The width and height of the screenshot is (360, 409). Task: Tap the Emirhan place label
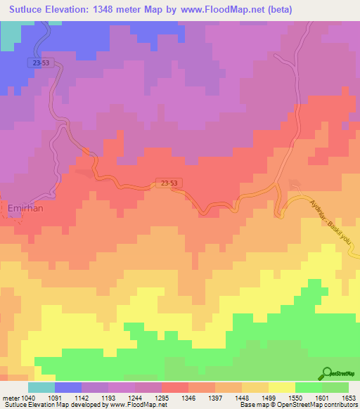(26, 208)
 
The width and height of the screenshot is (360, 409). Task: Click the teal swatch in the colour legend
(41, 387)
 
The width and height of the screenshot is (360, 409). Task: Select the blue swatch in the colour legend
(68, 387)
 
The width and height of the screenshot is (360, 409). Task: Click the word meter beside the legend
(11, 398)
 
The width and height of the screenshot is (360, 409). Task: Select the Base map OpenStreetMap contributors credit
(299, 405)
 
